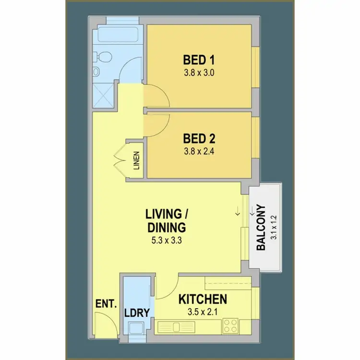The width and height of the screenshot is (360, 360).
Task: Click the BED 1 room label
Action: [199, 60]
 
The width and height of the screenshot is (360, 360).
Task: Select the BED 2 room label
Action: [199, 139]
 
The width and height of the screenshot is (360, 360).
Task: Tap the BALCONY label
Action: [261, 228]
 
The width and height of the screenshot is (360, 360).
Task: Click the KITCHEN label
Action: [203, 300]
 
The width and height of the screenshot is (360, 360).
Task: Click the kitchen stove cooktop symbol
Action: [230, 327]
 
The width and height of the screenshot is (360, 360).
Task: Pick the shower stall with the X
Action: [103, 94]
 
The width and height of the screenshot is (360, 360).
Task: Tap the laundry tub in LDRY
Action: [136, 328]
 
